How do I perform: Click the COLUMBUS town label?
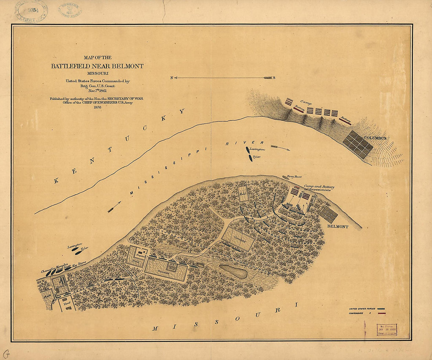(x=375, y=138)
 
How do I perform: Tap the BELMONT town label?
(x=337, y=227)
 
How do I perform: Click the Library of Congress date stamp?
(x=386, y=329)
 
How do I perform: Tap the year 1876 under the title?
(x=97, y=107)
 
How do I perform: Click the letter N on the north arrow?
(x=172, y=78)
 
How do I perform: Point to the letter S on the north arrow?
(x=274, y=78)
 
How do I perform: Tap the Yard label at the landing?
(x=65, y=304)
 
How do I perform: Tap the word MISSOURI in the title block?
(x=97, y=73)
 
